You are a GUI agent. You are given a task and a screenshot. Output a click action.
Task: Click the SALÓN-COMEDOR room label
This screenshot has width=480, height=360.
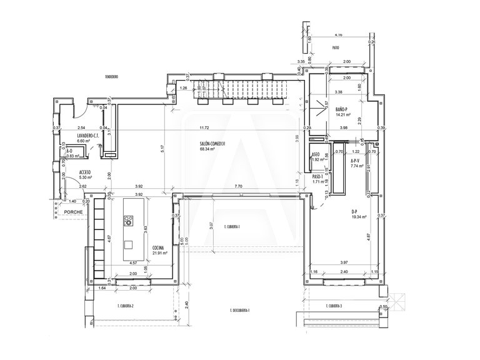212,144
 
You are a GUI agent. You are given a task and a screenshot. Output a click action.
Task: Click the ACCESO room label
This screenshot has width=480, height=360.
86,171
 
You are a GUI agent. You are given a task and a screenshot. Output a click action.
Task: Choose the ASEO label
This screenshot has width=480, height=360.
316,154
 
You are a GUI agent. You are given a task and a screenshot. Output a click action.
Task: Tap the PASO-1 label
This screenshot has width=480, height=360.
317,176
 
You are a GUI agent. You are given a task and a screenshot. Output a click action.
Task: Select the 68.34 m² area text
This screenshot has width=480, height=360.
207,150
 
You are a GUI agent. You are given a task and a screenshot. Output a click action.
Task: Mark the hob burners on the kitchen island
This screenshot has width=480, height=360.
129,220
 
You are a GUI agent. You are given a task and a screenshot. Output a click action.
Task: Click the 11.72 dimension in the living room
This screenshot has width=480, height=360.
204,128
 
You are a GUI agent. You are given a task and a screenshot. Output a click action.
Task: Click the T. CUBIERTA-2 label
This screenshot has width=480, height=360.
126,306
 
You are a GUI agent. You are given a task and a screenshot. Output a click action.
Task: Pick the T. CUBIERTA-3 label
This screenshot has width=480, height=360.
334,306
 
